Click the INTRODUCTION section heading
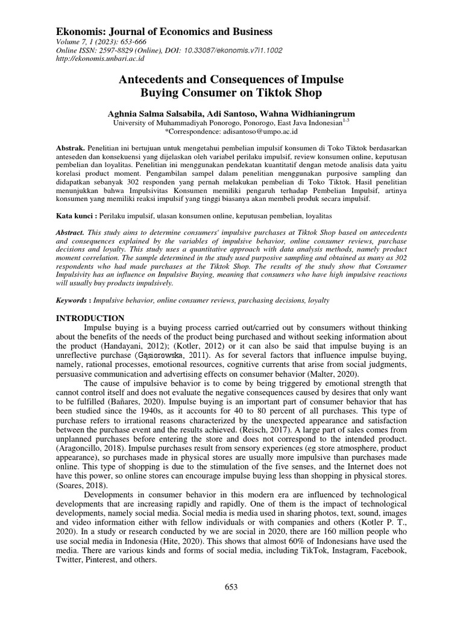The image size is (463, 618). tap(90, 318)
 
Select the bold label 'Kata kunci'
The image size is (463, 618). tap(76, 214)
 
